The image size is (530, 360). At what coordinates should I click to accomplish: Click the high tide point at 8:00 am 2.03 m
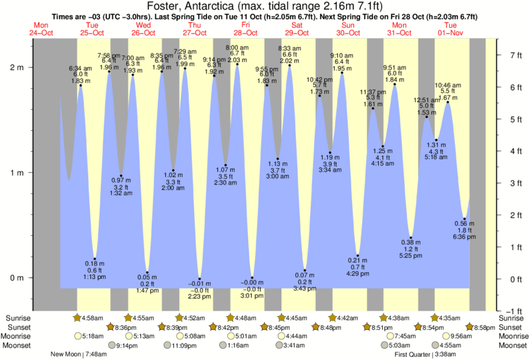tap(237, 64)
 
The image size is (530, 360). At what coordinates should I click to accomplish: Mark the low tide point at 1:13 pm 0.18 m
tap(95, 258)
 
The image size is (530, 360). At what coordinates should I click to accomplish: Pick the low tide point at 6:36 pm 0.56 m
tap(465, 218)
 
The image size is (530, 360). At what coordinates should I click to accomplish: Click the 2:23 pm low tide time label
tap(200, 296)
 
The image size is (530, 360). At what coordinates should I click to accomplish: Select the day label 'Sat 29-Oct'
tap(296, 29)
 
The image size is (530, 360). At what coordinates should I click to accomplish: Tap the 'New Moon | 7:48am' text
tap(79, 354)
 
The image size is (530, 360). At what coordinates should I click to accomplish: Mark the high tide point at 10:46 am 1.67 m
tap(448, 102)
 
